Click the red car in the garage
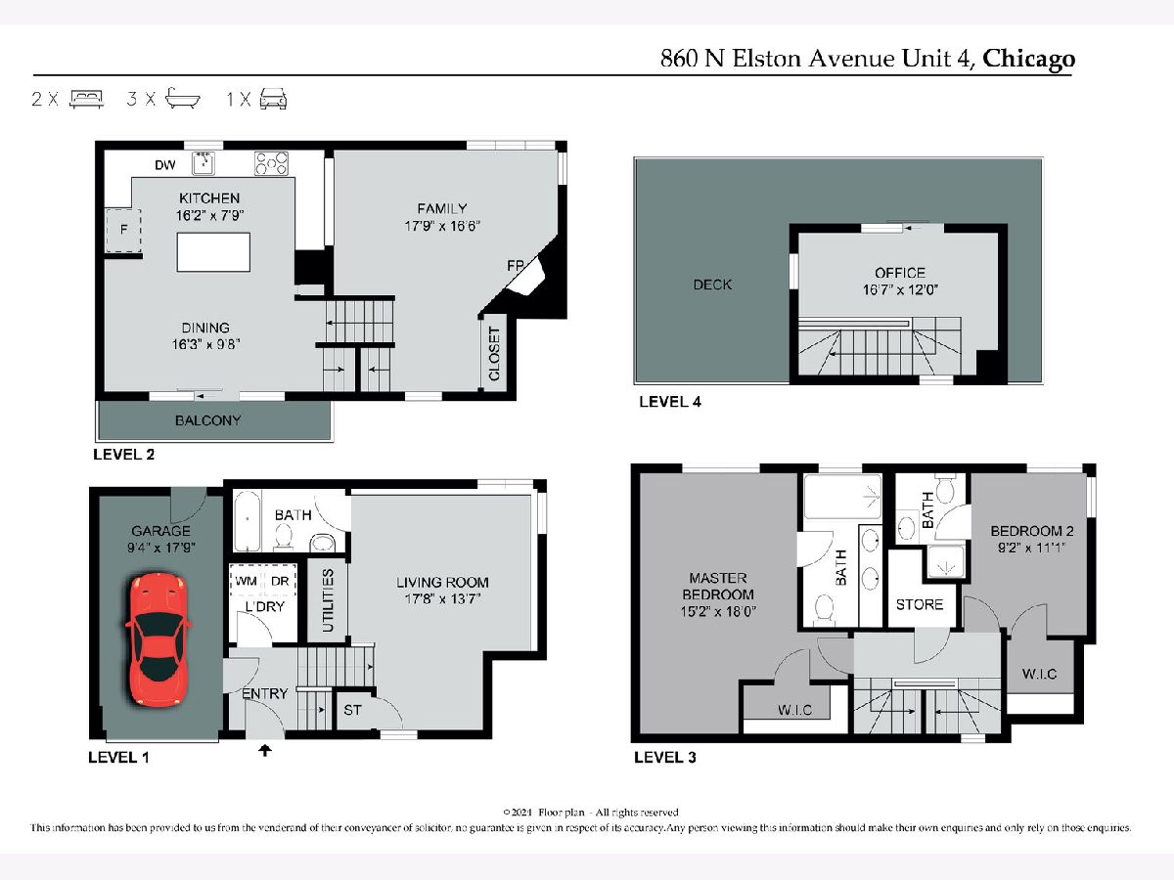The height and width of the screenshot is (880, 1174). pos(158,640)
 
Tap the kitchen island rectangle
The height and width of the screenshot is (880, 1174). pos(213,252)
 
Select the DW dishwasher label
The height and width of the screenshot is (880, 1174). pos(165,165)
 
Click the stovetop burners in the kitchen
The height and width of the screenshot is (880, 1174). pos(271,163)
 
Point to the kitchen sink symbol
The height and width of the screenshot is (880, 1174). pos(203,163)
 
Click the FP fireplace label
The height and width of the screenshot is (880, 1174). pos(516,265)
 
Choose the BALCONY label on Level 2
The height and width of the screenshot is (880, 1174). pos(208,420)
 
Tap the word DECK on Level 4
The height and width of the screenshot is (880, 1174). pos(712,285)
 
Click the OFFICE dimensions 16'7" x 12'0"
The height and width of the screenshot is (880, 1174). pos(900,289)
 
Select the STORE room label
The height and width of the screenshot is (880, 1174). pos(920,604)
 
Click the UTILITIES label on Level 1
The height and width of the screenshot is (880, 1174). pos(329,600)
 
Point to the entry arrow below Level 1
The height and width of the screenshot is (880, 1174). pos(265,751)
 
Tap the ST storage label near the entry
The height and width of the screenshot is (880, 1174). pos(352,710)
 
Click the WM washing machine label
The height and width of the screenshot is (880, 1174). pos(246,581)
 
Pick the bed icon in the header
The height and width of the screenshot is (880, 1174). pos(86,99)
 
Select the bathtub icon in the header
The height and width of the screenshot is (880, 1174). pos(182,99)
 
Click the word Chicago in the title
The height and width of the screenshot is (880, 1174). pos(1028,60)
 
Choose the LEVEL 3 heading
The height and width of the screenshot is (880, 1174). pos(665,757)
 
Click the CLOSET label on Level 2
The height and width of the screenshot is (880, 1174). pos(494,354)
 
